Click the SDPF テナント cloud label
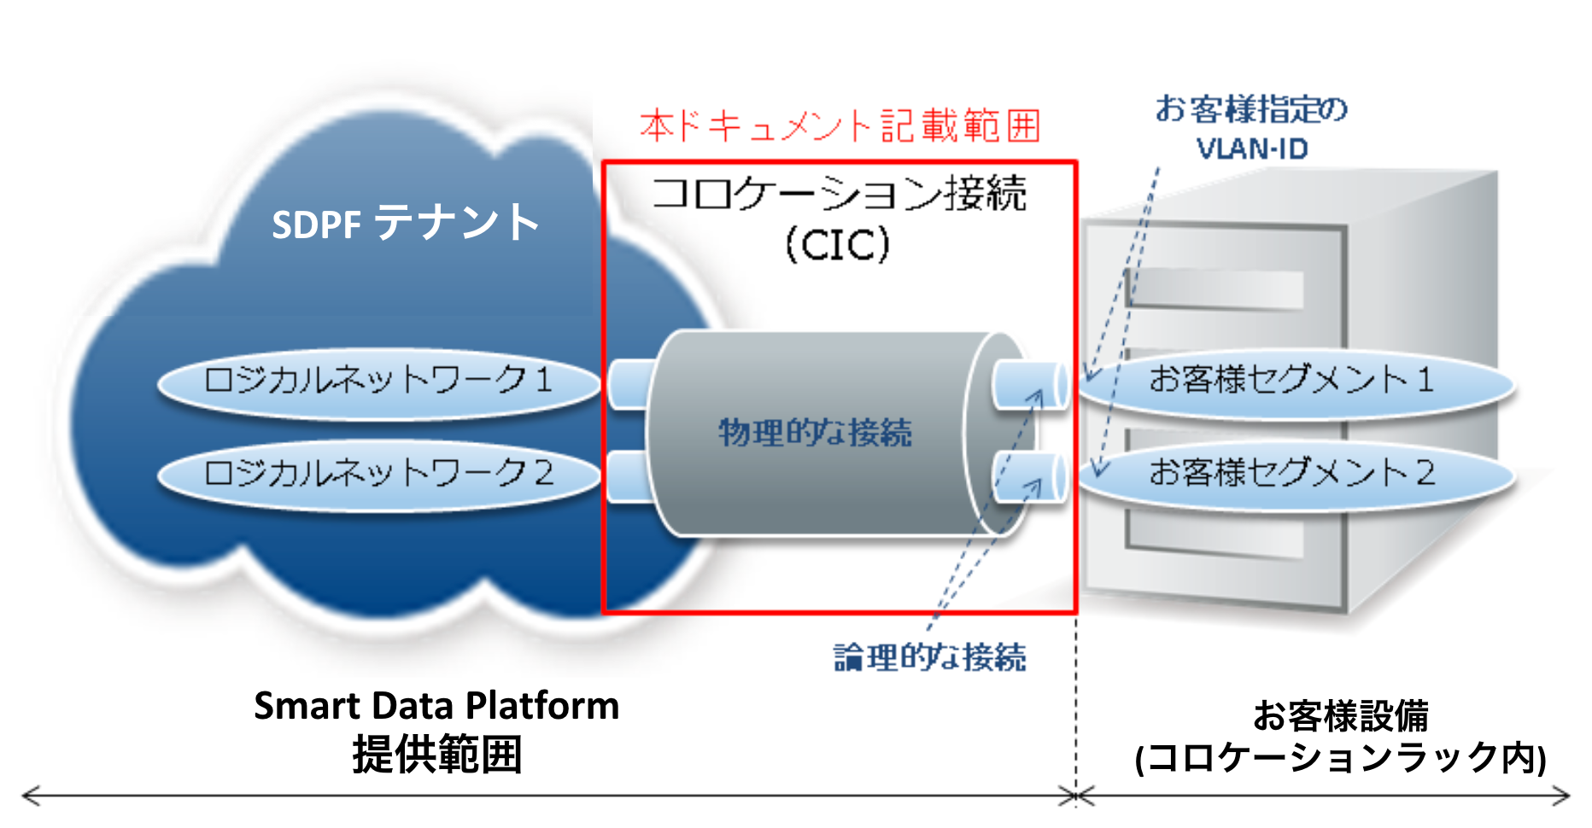(x=405, y=223)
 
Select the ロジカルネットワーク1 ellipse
(x=378, y=382)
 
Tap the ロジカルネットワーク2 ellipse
(x=378, y=475)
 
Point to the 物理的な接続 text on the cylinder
(x=815, y=433)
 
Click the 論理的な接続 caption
(x=930, y=657)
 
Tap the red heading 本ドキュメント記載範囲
(x=840, y=126)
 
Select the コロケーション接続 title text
(x=839, y=194)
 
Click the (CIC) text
(x=837, y=245)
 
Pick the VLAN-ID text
(x=1252, y=149)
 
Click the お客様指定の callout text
(x=1251, y=110)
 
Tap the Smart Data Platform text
(x=436, y=707)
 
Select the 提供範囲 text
(x=436, y=755)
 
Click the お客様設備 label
(x=1340, y=716)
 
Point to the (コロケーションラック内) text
(x=1340, y=758)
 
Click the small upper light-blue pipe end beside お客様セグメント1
(x=1030, y=385)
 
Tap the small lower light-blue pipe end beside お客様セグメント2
(x=1030, y=478)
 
